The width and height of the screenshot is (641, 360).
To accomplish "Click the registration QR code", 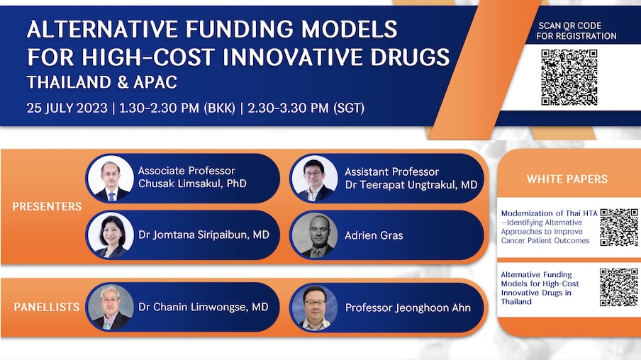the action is pyautogui.click(x=569, y=77).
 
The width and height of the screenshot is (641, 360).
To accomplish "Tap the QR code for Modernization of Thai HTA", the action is pyautogui.click(x=619, y=227).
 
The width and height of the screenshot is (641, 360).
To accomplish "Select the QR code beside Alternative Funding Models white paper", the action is pyautogui.click(x=618, y=287).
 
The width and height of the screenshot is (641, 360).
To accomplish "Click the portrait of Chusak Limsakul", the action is pyautogui.click(x=111, y=178).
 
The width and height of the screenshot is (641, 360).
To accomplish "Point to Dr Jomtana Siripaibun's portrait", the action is pyautogui.click(x=111, y=235).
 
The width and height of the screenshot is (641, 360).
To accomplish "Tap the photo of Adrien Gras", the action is pyautogui.click(x=316, y=235).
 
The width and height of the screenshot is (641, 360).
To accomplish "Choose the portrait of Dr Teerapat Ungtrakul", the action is pyautogui.click(x=316, y=178).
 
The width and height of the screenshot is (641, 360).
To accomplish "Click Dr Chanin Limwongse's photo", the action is pyautogui.click(x=111, y=307).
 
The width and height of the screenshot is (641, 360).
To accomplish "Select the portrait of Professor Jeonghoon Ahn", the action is pyautogui.click(x=316, y=307).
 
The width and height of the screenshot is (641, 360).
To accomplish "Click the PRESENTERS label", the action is pyautogui.click(x=47, y=206).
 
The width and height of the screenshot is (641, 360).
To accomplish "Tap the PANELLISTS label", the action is pyautogui.click(x=47, y=307).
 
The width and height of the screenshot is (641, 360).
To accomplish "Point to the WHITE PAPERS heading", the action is pyautogui.click(x=567, y=179).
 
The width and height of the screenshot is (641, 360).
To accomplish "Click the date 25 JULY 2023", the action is pyautogui.click(x=67, y=108).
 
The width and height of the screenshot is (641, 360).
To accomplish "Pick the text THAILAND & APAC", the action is pyautogui.click(x=102, y=82).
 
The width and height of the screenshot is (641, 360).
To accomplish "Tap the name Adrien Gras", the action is pyautogui.click(x=374, y=235).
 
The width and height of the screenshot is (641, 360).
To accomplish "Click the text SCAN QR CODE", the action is pyautogui.click(x=570, y=26).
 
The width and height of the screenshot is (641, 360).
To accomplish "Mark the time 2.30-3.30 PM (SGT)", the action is pyautogui.click(x=306, y=108).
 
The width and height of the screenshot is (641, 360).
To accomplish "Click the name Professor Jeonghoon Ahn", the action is pyautogui.click(x=408, y=308).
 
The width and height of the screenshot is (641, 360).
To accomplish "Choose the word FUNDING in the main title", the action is pyautogui.click(x=239, y=30).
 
